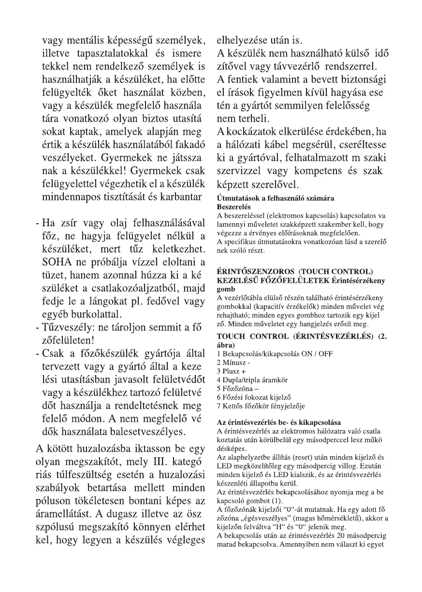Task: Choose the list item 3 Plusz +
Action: pos(231,370)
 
